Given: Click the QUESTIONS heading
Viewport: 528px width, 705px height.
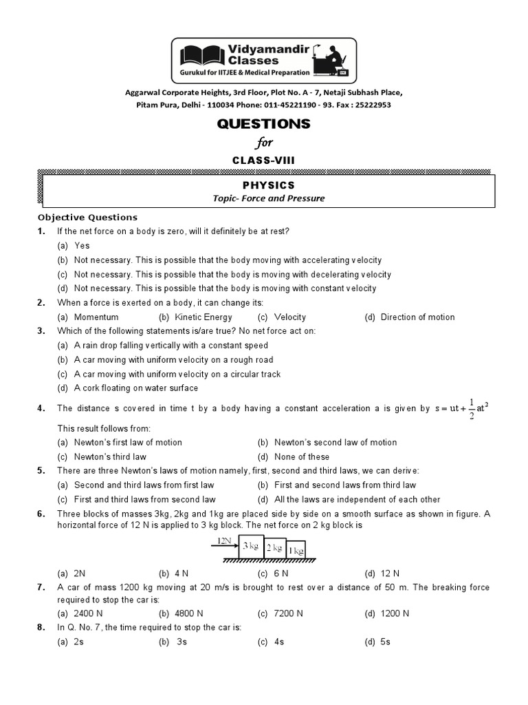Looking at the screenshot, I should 264,124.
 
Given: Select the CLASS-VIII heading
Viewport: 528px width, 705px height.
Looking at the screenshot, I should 264,160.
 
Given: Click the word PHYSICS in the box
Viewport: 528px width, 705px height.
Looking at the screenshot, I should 268,185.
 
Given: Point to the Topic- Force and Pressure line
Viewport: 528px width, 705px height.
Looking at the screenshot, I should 268,198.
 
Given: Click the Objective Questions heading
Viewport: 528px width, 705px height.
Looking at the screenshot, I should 87,217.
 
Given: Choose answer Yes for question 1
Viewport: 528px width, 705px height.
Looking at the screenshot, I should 82,246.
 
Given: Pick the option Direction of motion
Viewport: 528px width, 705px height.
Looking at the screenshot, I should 417,317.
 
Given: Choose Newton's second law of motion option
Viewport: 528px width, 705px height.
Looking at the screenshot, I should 335,443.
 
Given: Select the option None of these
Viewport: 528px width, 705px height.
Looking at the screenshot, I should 302,456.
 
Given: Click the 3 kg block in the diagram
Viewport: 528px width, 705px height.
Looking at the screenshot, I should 250,548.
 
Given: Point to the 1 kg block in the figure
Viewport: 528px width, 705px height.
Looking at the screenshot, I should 296,551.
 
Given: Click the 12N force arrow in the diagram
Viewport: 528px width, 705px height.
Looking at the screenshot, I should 223,545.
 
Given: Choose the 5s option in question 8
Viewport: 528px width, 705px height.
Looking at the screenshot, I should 386,642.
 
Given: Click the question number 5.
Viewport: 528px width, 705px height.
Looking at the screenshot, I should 41,471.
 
